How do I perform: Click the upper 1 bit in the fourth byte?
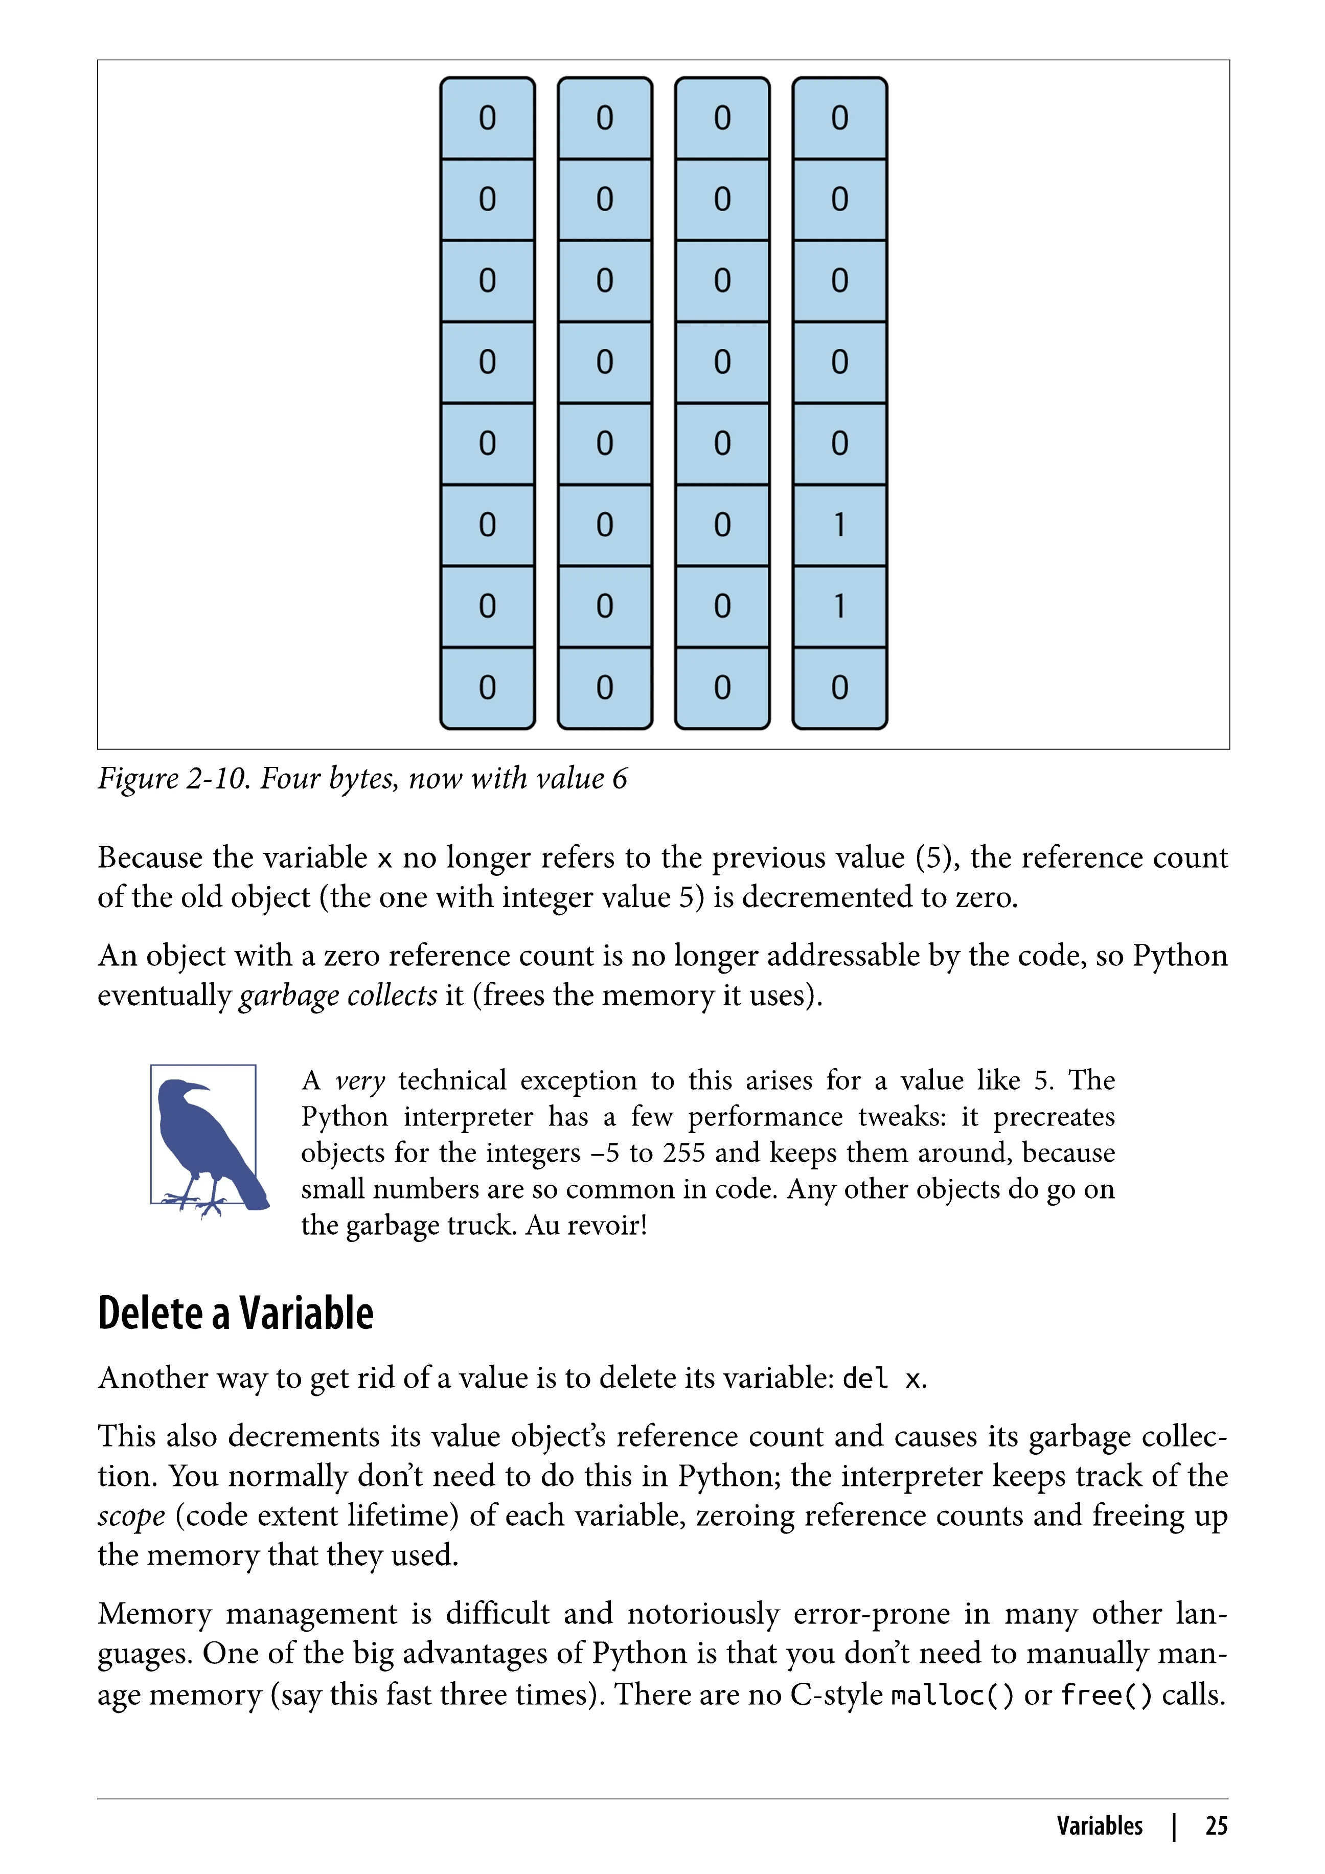(x=839, y=525)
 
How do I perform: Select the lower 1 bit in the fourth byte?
(x=839, y=606)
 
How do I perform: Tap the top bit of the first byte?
(x=487, y=118)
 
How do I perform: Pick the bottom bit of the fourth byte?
(x=839, y=687)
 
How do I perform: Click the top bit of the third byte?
(x=722, y=118)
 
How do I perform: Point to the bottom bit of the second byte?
(x=605, y=687)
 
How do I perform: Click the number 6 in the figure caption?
(x=620, y=779)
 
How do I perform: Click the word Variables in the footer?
(x=1100, y=1826)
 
